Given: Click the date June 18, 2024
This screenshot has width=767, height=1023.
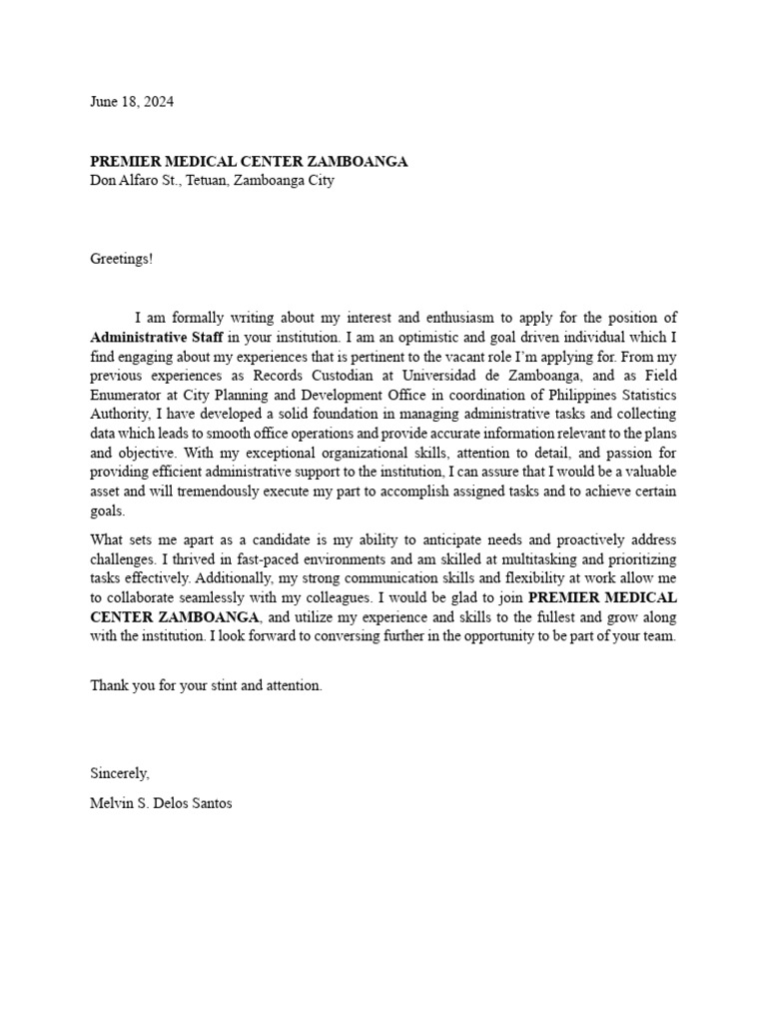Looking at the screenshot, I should [132, 102].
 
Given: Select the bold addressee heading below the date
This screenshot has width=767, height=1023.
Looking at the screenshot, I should [249, 162].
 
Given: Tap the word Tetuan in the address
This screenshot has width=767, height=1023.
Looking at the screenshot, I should [206, 181].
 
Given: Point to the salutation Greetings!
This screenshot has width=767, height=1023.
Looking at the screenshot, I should [122, 259].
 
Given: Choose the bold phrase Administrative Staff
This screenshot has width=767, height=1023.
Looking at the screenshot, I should [157, 337].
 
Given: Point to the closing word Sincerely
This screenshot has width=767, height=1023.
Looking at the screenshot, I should [120, 772].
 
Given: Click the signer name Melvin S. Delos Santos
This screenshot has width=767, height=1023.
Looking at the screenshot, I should [161, 802].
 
